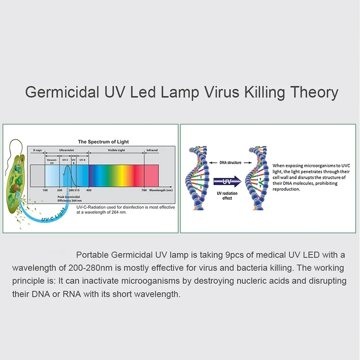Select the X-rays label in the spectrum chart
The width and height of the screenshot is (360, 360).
[x=38, y=150]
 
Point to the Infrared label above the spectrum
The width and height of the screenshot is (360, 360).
[x=152, y=150]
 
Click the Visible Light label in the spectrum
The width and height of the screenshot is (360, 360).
[x=116, y=150]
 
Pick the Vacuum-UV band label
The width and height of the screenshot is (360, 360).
[x=51, y=160]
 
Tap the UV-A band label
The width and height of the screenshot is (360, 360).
[x=82, y=159]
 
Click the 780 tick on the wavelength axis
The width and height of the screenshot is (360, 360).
[x=144, y=190]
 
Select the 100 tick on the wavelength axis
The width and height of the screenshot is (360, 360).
[x=45, y=190]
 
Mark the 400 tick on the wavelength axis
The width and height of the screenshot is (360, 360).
[x=89, y=190]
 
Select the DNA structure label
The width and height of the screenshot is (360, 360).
[x=230, y=162]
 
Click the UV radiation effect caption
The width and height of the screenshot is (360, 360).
[x=227, y=195]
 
